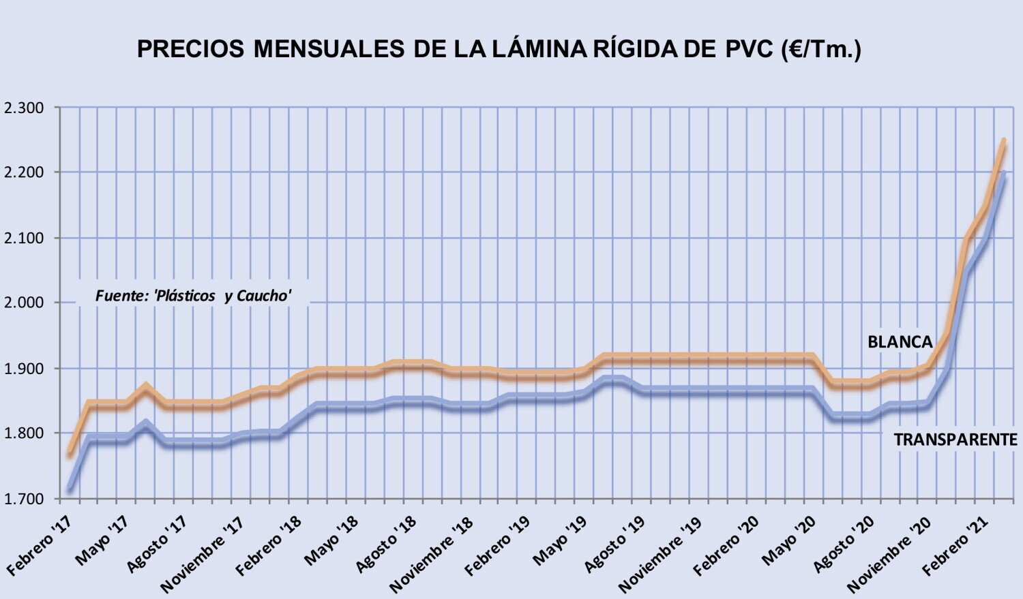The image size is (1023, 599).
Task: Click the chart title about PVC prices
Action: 499,49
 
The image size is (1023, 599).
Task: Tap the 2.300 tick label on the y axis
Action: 23,108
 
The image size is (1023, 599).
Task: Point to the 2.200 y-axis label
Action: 23,173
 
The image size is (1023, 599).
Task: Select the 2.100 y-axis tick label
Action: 23,238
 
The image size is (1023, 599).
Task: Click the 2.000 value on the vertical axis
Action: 23,303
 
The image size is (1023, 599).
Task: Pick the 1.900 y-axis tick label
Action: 23,368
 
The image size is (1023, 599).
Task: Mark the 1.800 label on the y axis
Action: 23,433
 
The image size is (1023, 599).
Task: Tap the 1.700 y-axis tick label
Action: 23,499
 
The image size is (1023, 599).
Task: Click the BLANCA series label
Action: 900,341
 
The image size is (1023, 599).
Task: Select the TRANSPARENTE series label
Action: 955,440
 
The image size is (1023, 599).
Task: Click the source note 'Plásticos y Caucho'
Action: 193,296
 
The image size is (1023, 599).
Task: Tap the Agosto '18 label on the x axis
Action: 386,543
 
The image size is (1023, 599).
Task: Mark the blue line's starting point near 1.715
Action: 70,489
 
